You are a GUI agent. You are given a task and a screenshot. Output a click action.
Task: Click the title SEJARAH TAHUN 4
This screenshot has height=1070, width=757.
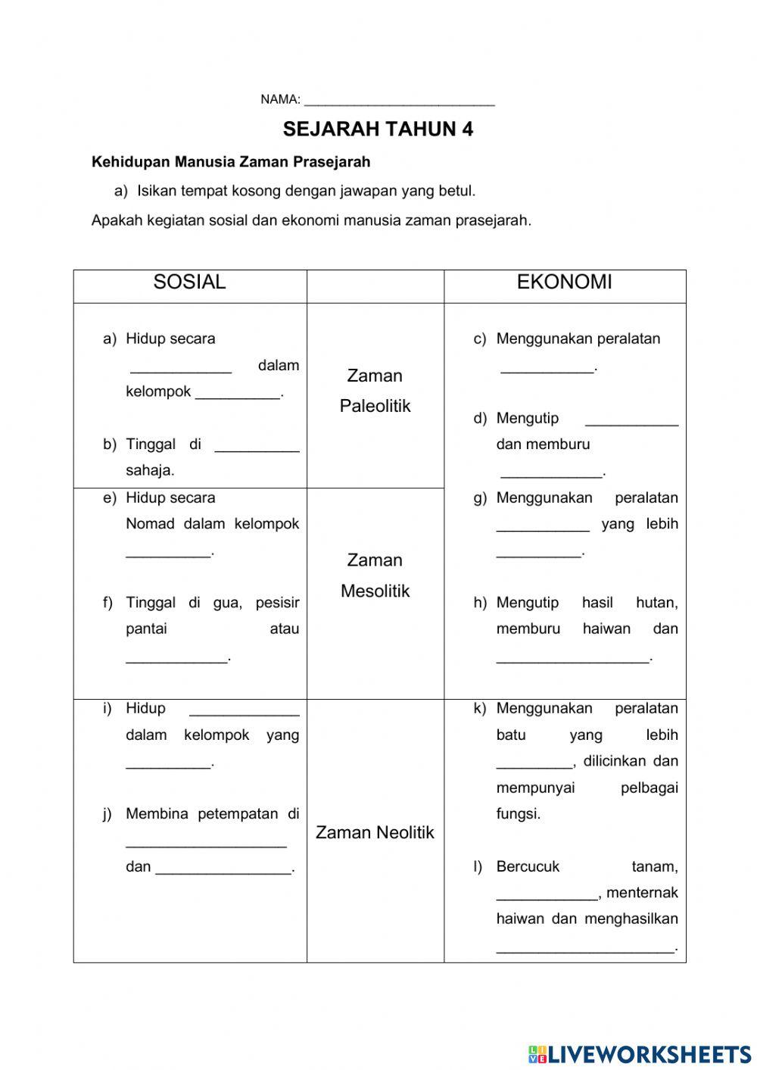[x=378, y=129]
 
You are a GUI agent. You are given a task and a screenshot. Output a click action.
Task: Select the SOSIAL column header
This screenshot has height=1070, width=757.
[x=189, y=282]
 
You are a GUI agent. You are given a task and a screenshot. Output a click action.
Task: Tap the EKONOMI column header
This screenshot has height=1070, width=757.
[x=564, y=282]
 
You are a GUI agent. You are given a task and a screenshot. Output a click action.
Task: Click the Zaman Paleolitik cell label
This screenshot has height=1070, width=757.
[x=375, y=391]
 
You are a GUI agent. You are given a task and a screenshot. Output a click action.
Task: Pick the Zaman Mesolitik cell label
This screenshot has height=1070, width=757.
[x=375, y=576]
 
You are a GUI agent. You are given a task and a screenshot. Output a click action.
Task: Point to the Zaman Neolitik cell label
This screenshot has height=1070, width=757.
[x=375, y=832]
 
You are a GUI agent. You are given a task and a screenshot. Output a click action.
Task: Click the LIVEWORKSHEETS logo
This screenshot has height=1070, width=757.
[x=640, y=1053]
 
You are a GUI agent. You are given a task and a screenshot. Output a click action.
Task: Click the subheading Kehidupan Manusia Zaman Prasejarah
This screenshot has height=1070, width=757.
[x=231, y=161]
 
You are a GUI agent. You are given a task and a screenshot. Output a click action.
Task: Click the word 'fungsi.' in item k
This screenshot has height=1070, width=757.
[x=519, y=814]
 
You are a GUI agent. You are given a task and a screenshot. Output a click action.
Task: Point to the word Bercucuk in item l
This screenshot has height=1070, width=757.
[x=528, y=866]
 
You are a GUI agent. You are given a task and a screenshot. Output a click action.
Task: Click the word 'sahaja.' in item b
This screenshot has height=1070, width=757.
[x=150, y=470]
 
